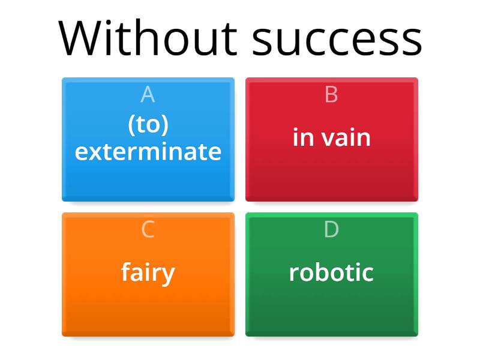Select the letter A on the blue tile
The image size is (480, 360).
(x=148, y=95)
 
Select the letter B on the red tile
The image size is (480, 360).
(x=331, y=95)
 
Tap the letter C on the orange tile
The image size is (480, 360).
(x=148, y=230)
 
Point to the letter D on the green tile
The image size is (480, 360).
(x=331, y=230)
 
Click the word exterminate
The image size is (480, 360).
(x=148, y=152)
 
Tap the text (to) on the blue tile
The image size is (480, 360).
(x=148, y=125)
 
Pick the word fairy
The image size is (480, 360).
(x=148, y=273)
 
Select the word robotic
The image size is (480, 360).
(x=331, y=273)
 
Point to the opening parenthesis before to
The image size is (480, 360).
(x=131, y=125)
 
